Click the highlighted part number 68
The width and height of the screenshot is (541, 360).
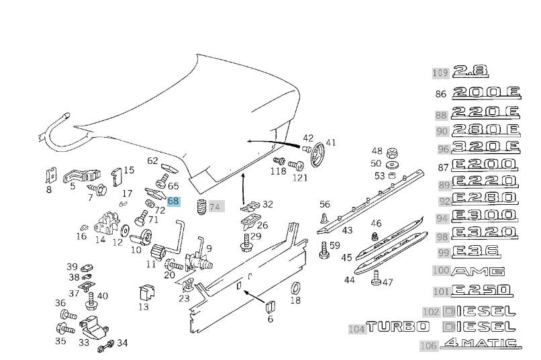(173, 201)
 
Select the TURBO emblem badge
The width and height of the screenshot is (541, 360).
(397, 327)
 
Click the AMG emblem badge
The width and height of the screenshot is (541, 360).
(479, 271)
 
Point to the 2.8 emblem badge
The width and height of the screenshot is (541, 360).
(471, 72)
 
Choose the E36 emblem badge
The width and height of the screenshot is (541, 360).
(475, 252)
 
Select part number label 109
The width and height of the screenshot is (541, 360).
(440, 73)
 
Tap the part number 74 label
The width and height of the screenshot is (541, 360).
(215, 207)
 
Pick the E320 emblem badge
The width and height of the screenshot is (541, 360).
(485, 234)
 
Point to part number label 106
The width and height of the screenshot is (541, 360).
(429, 346)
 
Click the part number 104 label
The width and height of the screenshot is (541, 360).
(356, 329)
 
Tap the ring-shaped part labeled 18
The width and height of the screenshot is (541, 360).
(294, 289)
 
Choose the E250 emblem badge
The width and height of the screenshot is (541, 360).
(483, 291)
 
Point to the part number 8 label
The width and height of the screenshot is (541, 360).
(48, 190)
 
